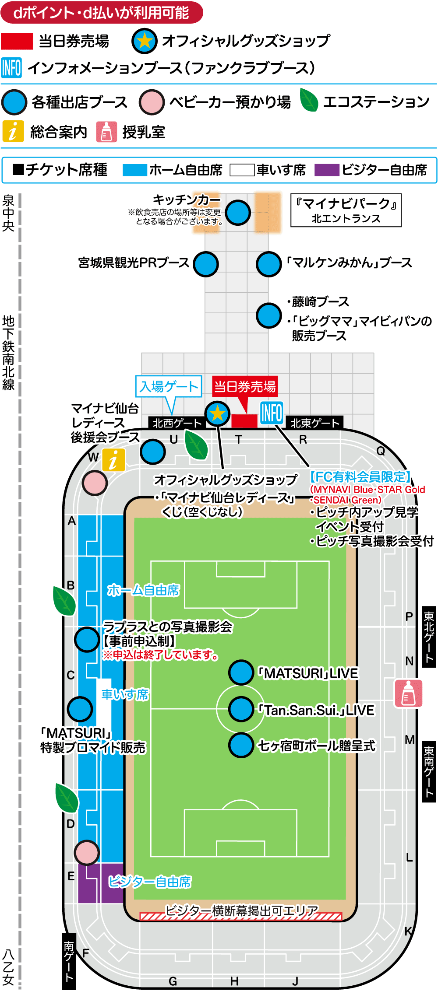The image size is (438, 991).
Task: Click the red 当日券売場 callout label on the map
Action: coord(245,387)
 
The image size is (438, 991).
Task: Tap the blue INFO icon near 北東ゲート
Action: coord(272,413)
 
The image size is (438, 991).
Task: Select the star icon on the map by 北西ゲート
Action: coord(217,413)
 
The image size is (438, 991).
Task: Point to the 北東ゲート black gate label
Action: coord(315,423)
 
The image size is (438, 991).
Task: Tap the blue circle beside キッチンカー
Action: coord(238,213)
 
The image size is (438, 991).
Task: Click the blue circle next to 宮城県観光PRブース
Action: coord(206,264)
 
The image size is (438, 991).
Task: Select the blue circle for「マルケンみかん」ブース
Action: coord(268,264)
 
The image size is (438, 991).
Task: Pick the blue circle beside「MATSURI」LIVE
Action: coord(241,672)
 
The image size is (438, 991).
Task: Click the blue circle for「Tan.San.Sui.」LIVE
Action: coord(241,709)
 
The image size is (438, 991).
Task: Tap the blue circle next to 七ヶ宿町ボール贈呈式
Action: coord(241,745)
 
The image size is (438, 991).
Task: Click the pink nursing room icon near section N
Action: coord(408,693)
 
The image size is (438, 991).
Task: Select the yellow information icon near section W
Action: coord(113,460)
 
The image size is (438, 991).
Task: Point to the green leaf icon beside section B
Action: coord(64,601)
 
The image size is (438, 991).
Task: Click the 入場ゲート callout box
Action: coord(169,386)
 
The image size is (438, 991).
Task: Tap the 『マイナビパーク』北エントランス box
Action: coord(346,210)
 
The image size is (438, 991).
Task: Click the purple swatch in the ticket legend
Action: coord(327,170)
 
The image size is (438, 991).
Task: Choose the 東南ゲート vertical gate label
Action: coord(429,771)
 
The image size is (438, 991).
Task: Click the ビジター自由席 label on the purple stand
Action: coord(150,882)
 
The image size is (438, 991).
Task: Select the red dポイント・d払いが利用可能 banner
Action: coord(102,13)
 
